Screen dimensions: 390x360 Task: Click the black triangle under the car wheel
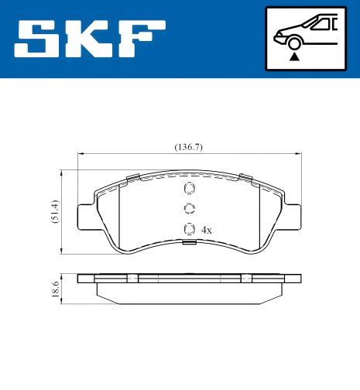tap(293, 56)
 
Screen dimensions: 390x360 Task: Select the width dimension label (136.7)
tap(188, 147)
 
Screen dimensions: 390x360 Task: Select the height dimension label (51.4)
tap(53, 211)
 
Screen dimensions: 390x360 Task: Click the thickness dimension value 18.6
tap(53, 289)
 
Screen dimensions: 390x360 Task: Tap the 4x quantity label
tap(206, 230)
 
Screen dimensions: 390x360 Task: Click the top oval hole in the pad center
tap(188, 190)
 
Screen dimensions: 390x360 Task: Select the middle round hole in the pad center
tap(188, 208)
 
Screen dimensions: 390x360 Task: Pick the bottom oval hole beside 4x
tap(188, 228)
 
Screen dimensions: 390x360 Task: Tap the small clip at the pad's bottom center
tap(188, 245)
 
